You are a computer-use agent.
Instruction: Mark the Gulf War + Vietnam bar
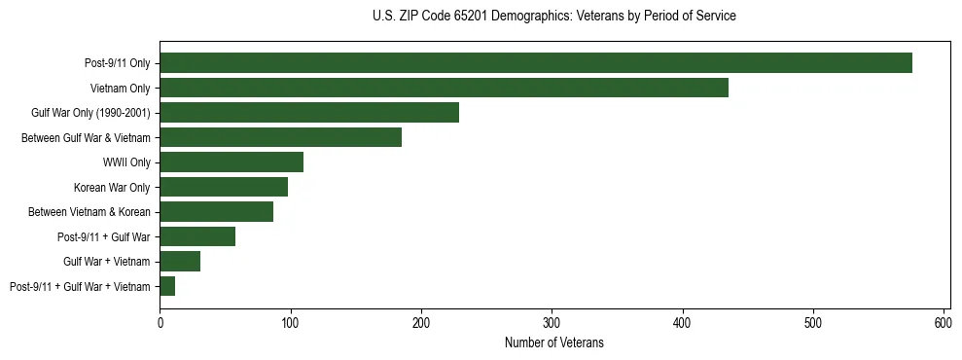[x=180, y=262]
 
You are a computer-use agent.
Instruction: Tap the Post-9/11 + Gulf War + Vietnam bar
[x=167, y=286]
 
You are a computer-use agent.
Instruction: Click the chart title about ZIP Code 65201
[x=554, y=17]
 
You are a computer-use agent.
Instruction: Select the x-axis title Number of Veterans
[x=554, y=342]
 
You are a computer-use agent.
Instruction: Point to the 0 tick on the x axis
[x=160, y=323]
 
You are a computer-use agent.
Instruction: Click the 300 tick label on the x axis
[x=552, y=323]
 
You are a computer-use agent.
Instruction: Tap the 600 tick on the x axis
[x=944, y=323]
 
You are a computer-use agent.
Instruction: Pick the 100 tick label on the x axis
[x=290, y=323]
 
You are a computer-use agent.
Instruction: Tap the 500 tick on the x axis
[x=813, y=323]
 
